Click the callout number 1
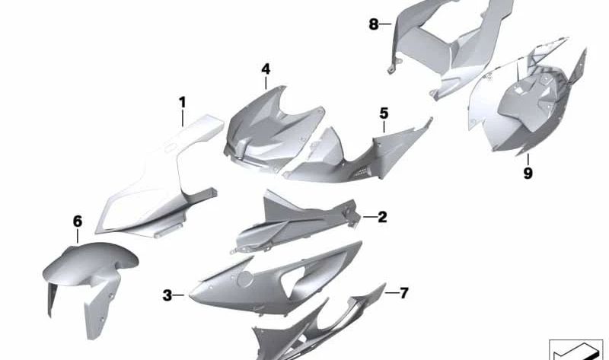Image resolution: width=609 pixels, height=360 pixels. [x=182, y=103]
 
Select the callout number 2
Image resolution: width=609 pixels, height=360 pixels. [x=382, y=217]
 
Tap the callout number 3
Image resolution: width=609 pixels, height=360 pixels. [x=167, y=295]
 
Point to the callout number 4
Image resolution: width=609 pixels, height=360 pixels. [x=266, y=69]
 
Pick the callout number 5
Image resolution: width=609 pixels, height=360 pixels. [x=384, y=113]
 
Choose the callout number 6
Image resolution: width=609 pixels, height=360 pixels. [x=78, y=221]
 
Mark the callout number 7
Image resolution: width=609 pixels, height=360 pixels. [x=404, y=293]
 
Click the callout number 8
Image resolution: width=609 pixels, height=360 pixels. [x=373, y=24]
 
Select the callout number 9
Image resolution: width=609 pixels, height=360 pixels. [x=528, y=174]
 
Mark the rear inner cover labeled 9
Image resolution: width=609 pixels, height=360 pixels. [x=528, y=105]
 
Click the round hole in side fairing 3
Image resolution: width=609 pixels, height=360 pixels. [x=245, y=279]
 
